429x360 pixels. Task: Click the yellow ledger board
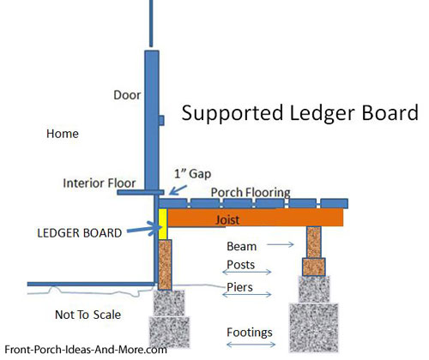[x=163, y=224]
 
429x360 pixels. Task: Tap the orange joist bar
[x=255, y=218]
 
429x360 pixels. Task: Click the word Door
[x=127, y=95]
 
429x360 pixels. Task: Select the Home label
[x=63, y=134]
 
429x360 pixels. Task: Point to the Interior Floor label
[x=100, y=183]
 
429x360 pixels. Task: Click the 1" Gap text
[x=193, y=173]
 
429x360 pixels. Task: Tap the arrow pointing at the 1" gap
[x=178, y=190]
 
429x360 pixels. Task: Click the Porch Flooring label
[x=251, y=193]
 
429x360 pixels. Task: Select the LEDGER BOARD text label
[x=80, y=233]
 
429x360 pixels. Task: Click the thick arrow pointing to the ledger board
[x=144, y=229]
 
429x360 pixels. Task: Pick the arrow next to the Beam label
[x=281, y=244]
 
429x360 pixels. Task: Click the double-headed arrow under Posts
[x=247, y=272]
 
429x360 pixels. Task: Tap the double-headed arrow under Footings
[x=251, y=345]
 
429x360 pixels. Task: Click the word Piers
[x=239, y=287]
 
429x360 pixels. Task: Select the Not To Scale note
[x=88, y=315]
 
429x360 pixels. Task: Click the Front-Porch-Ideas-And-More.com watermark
[x=86, y=350]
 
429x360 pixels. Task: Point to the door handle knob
[x=161, y=120]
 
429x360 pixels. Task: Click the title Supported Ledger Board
[x=300, y=113]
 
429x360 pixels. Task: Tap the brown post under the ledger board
[x=165, y=265]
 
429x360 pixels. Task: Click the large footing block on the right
[x=314, y=327]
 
